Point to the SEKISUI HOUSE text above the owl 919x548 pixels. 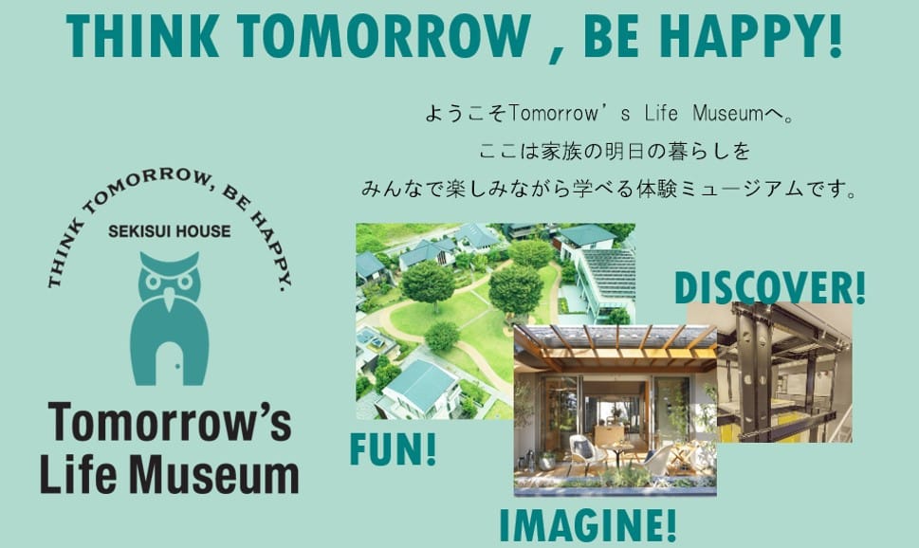tap(170, 231)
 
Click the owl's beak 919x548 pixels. tap(170, 299)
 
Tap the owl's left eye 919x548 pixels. tap(154, 282)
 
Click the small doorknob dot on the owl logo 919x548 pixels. tap(177, 368)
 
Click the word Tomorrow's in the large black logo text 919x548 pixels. tap(170, 422)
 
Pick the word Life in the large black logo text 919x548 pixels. tap(78, 474)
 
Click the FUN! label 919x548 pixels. tap(393, 449)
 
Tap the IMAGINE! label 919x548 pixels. tap(588, 525)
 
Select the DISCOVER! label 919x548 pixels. tap(769, 287)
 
